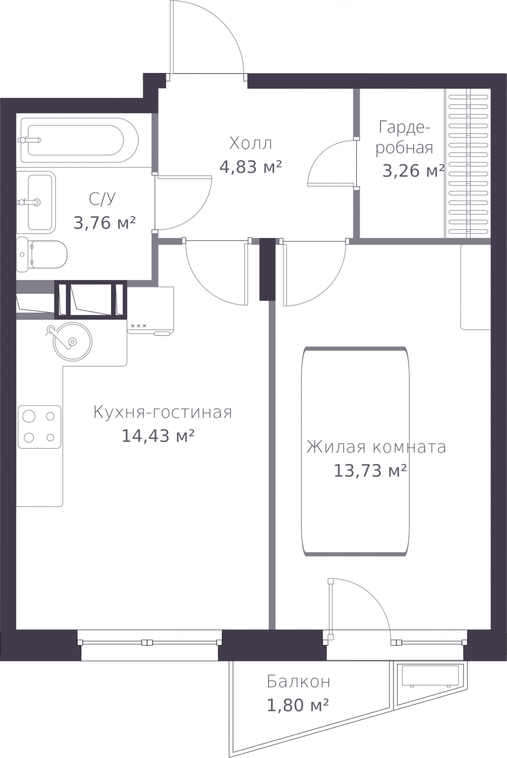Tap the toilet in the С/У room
pyautogui.click(x=42, y=254)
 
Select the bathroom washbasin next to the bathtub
pyautogui.click(x=36, y=202)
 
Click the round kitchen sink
pyautogui.click(x=73, y=342)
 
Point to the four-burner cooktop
pyautogui.click(x=40, y=427)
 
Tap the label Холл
pyautogui.click(x=250, y=144)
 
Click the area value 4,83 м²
pyautogui.click(x=250, y=167)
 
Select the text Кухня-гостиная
pyautogui.click(x=163, y=413)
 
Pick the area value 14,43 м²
pyautogui.click(x=158, y=436)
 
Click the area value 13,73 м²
pyautogui.click(x=370, y=470)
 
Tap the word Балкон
pyautogui.click(x=298, y=682)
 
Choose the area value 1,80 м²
pyautogui.click(x=298, y=705)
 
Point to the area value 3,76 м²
pyautogui.click(x=105, y=223)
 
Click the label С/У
pyautogui.click(x=102, y=199)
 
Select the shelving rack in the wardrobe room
pyautogui.click(x=468, y=163)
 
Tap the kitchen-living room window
pyautogui.click(x=150, y=642)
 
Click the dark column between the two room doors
pyautogui.click(x=267, y=270)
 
